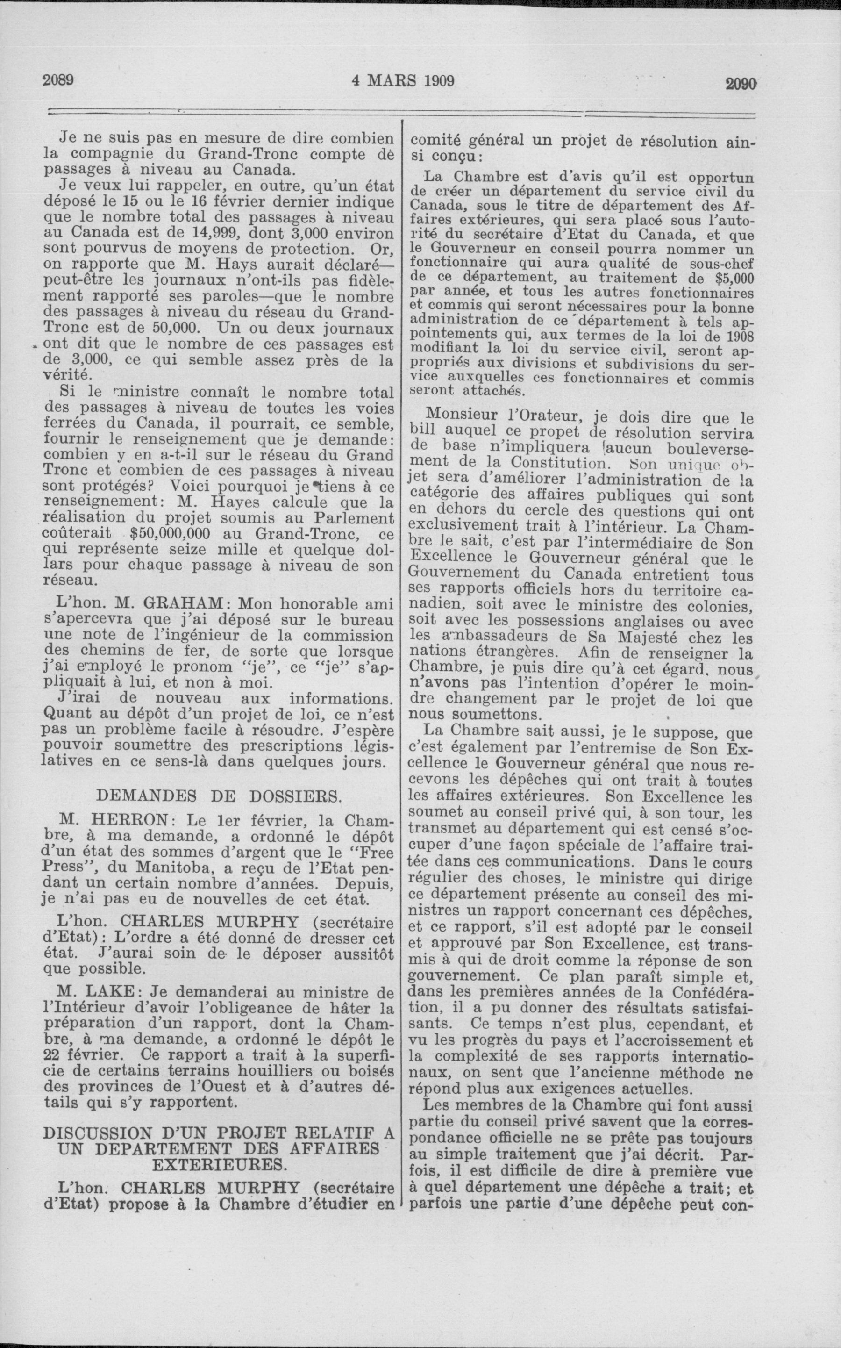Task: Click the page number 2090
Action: point(742,83)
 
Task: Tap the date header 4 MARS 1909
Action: point(403,81)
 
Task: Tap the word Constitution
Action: point(558,462)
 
